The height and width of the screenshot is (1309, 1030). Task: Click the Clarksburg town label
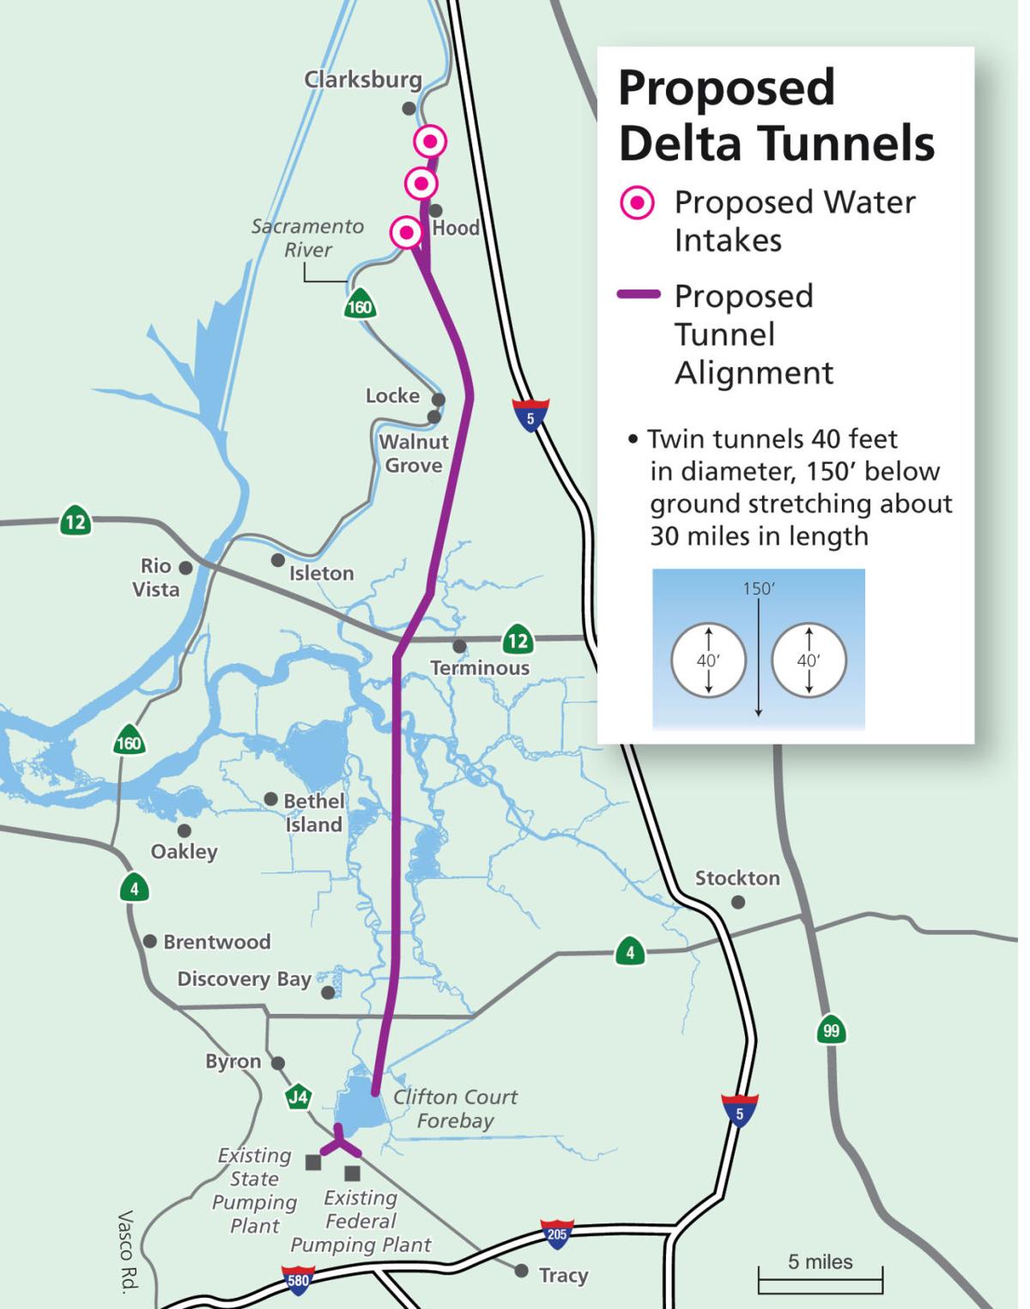(x=363, y=80)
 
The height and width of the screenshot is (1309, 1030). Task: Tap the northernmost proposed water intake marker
(x=430, y=141)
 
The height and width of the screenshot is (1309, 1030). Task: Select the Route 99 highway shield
(x=831, y=1030)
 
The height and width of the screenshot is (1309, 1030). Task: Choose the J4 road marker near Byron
(x=298, y=1096)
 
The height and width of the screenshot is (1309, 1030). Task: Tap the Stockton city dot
(x=738, y=902)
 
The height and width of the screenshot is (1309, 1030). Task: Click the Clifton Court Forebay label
(x=455, y=1108)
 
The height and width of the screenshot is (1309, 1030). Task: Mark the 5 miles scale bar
(x=820, y=1281)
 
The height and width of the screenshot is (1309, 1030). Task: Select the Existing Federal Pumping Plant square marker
(x=352, y=1173)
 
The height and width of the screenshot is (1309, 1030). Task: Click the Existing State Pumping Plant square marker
(x=313, y=1162)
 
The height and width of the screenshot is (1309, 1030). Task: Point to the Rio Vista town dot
(x=185, y=568)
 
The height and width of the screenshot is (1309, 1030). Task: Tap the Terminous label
(x=480, y=667)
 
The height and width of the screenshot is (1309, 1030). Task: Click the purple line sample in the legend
(x=639, y=294)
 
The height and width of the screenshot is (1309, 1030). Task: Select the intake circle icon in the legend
(x=638, y=203)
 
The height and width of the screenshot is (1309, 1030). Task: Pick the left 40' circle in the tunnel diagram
(x=708, y=661)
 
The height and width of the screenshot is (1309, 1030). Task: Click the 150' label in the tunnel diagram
(x=759, y=589)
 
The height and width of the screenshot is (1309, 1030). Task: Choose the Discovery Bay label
(x=244, y=979)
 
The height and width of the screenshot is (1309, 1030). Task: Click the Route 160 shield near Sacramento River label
(x=360, y=306)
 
